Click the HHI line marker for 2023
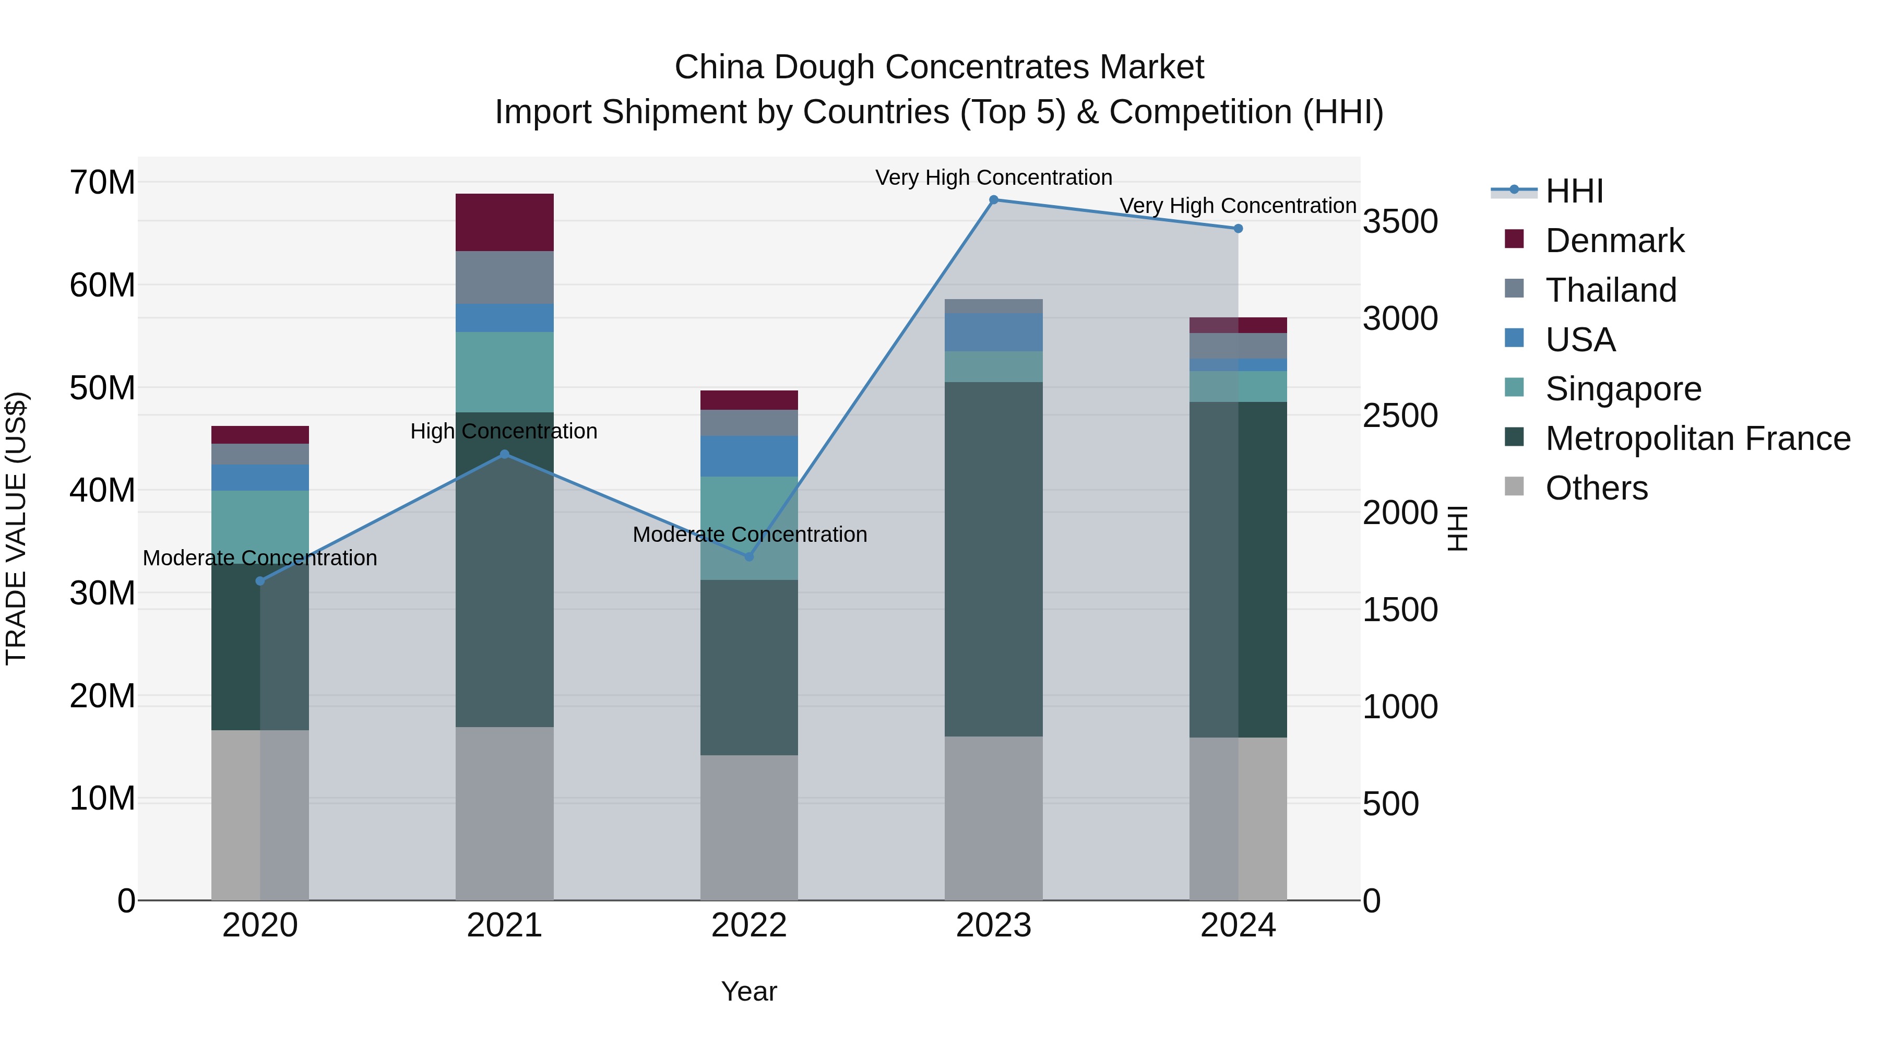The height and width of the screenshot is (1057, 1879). tap(993, 200)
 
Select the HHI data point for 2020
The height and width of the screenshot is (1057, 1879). tap(260, 580)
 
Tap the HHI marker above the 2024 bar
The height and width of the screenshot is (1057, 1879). tap(1238, 228)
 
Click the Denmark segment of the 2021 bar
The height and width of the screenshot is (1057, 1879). tap(504, 222)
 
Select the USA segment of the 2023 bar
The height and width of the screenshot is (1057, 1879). tap(993, 332)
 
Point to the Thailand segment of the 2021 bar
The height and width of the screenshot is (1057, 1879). tap(504, 277)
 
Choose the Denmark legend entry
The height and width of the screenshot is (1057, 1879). tap(1614, 241)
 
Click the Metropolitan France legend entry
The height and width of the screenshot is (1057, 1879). tap(1697, 438)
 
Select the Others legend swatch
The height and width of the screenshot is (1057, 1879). tap(1514, 486)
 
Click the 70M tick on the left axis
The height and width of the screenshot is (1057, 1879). tap(102, 182)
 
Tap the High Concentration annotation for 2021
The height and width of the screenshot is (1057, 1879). tap(504, 431)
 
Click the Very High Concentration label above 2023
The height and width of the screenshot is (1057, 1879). tap(993, 177)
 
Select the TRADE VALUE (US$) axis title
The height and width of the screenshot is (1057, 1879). tap(16, 528)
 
